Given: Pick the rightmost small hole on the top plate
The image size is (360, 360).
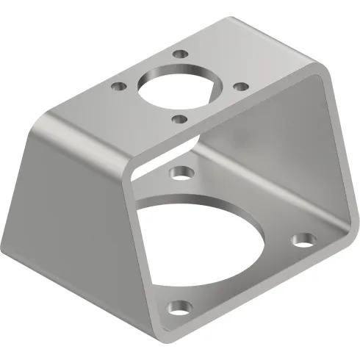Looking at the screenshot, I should coord(238,86).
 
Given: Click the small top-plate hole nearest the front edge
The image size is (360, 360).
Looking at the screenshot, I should coord(176,116).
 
